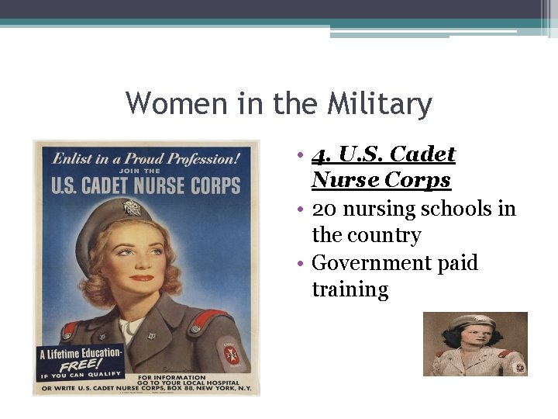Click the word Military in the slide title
coord(380,103)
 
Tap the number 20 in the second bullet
coord(325,209)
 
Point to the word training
coord(350,290)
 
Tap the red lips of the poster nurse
coord(142,278)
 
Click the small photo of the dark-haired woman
coord(474,344)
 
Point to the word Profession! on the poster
coord(203,158)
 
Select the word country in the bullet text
coord(387,236)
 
